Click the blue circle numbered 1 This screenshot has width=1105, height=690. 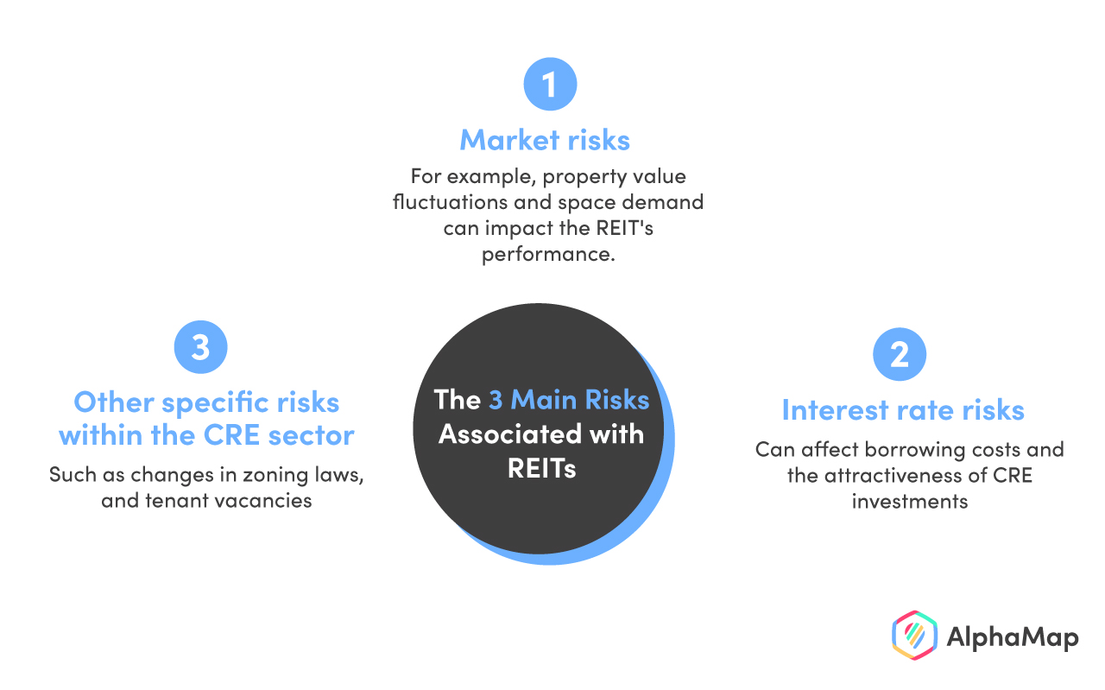click(550, 84)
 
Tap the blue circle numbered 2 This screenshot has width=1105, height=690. click(900, 354)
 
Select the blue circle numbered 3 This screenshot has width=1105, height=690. click(201, 347)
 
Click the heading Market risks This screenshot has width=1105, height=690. click(545, 140)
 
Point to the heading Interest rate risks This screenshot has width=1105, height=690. click(903, 409)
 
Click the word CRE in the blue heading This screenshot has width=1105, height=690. click(231, 435)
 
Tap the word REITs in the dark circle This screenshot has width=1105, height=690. click(541, 468)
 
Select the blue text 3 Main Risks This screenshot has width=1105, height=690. click(569, 399)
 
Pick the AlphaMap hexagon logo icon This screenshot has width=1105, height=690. click(914, 636)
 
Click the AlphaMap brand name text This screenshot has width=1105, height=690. click(1013, 637)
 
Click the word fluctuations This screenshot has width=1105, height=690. click(450, 202)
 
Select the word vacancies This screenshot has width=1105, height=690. click(263, 501)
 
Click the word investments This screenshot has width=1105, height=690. click(910, 502)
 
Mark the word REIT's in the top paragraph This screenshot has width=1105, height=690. click(624, 228)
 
